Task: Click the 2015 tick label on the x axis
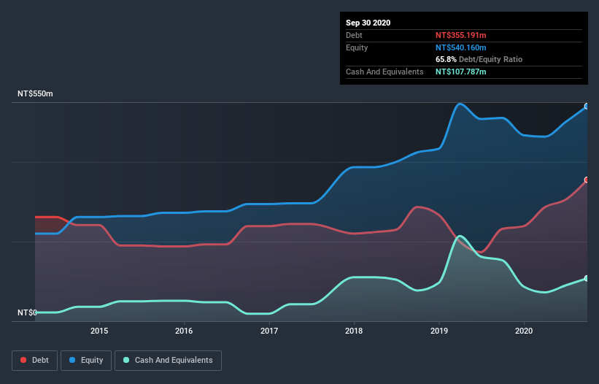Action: (x=99, y=331)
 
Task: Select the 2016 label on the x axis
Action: (x=184, y=331)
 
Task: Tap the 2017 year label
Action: (x=269, y=331)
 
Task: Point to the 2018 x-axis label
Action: (x=354, y=331)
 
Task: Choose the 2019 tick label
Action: (x=439, y=331)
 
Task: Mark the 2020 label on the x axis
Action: (x=524, y=331)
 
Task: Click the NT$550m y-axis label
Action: (x=35, y=94)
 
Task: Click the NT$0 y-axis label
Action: (x=27, y=312)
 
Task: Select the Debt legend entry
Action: (x=32, y=360)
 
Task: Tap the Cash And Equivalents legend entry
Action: (x=168, y=360)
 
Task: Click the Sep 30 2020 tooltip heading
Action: (x=368, y=23)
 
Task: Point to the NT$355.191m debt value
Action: (x=460, y=35)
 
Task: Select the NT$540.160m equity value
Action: (x=460, y=47)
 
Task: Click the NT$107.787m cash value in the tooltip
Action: (x=460, y=72)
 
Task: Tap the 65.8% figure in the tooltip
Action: (x=447, y=59)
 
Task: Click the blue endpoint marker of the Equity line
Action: (x=586, y=106)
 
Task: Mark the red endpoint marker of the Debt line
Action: (x=586, y=180)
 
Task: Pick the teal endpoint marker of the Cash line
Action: (x=586, y=278)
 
